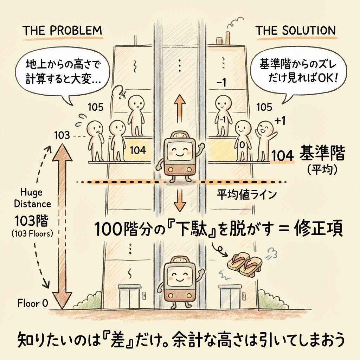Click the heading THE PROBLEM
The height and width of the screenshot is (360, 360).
point(62,31)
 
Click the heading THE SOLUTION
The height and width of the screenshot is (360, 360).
point(295,31)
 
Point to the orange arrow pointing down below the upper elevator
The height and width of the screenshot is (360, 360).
point(180,201)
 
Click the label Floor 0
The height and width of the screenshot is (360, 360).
point(33,303)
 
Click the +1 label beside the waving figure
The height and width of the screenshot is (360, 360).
point(280,121)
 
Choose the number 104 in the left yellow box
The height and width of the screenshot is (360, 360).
point(138,150)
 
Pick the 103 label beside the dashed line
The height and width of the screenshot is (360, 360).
point(62,135)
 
